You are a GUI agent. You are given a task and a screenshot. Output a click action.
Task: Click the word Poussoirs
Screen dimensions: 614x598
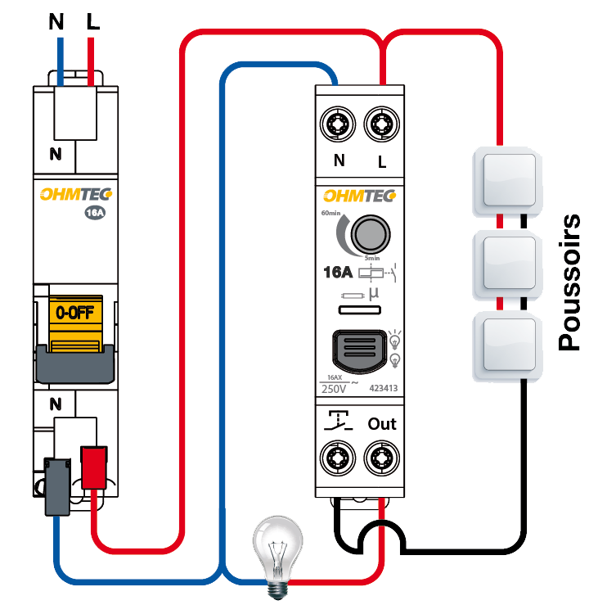pyautogui.click(x=569, y=282)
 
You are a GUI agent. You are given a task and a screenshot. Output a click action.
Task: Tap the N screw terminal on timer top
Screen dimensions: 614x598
pyautogui.click(x=338, y=125)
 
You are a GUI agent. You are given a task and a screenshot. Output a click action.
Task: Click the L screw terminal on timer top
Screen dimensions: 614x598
pyautogui.click(x=381, y=125)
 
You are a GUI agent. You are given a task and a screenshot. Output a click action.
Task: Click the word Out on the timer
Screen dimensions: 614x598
pyautogui.click(x=382, y=424)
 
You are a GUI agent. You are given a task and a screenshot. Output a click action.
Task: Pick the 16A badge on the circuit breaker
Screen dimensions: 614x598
pyautogui.click(x=95, y=214)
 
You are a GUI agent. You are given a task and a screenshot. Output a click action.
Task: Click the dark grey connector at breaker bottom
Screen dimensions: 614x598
pyautogui.click(x=57, y=486)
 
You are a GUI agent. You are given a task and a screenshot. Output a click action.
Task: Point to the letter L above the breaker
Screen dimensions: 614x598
pyautogui.click(x=92, y=22)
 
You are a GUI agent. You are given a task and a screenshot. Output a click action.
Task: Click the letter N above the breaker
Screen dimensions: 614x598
pyautogui.click(x=56, y=22)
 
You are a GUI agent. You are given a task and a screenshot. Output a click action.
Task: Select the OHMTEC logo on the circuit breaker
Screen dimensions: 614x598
pyautogui.click(x=76, y=195)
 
